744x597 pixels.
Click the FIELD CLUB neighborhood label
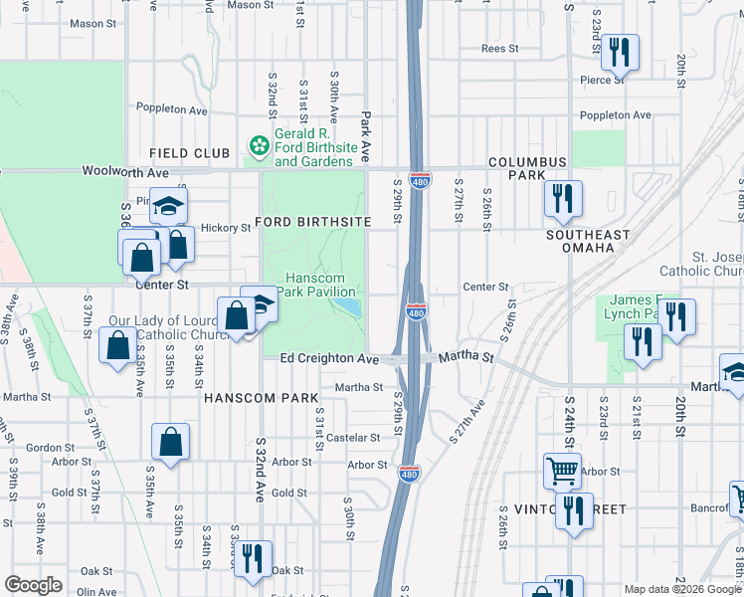pyautogui.click(x=189, y=153)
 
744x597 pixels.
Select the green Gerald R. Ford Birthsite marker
pyautogui.click(x=260, y=147)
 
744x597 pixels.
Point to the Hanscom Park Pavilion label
pyautogui.click(x=315, y=285)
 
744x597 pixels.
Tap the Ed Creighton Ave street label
pyautogui.click(x=329, y=358)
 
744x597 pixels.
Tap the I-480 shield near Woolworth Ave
pyautogui.click(x=420, y=181)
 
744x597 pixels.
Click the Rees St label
pyautogui.click(x=499, y=48)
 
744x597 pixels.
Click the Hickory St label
pyautogui.click(x=225, y=228)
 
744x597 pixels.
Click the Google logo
pyautogui.click(x=33, y=585)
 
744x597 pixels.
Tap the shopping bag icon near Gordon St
pyautogui.click(x=170, y=443)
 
